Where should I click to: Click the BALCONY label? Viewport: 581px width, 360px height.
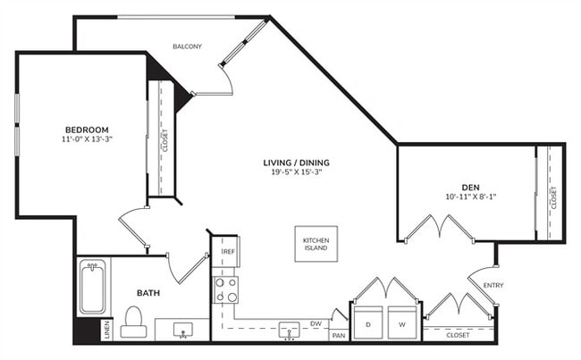pyautogui.click(x=187, y=46)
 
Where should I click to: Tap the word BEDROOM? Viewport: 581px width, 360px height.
pyautogui.click(x=87, y=129)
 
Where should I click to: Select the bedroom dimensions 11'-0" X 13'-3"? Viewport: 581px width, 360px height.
pyautogui.click(x=87, y=139)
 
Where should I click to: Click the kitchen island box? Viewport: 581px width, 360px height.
pyautogui.click(x=316, y=244)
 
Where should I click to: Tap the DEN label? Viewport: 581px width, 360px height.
pyautogui.click(x=470, y=186)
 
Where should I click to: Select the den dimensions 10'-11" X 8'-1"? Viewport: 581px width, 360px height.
pyautogui.click(x=470, y=197)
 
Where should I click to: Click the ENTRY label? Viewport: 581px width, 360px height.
pyautogui.click(x=493, y=285)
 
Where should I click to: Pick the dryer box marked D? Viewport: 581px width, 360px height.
pyautogui.click(x=368, y=322)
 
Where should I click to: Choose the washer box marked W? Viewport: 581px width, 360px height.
pyautogui.click(x=400, y=322)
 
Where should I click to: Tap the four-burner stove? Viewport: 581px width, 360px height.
pyautogui.click(x=225, y=289)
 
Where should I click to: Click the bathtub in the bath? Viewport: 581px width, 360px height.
pyautogui.click(x=92, y=287)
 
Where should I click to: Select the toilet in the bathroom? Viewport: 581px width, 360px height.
pyautogui.click(x=134, y=322)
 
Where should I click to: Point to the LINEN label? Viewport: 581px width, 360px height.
pyautogui.click(x=107, y=330)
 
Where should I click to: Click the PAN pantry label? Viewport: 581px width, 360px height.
pyautogui.click(x=338, y=335)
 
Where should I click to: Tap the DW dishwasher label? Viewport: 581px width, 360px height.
pyautogui.click(x=315, y=323)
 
